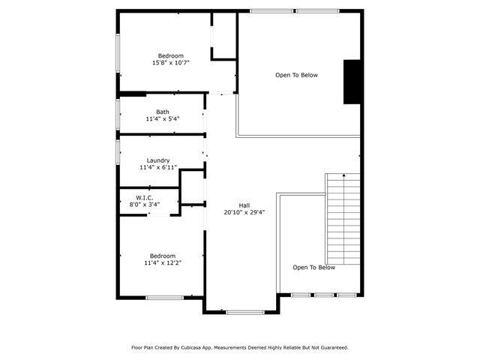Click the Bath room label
163,112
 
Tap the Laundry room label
158,160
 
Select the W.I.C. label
145,198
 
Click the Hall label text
244,205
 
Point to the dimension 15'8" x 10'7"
171,63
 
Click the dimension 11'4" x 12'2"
163,262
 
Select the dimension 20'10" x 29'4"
244,212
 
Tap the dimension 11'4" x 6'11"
158,167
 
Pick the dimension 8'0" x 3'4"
145,205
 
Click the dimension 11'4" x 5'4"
163,118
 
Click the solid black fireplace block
352,82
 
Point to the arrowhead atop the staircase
343,175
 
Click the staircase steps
343,219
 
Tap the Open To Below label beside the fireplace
296,75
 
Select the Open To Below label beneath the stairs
313,267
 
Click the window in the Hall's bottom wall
245,312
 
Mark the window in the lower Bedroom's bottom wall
165,298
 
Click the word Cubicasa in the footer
190,347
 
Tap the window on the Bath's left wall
118,114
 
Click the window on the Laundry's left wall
118,152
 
